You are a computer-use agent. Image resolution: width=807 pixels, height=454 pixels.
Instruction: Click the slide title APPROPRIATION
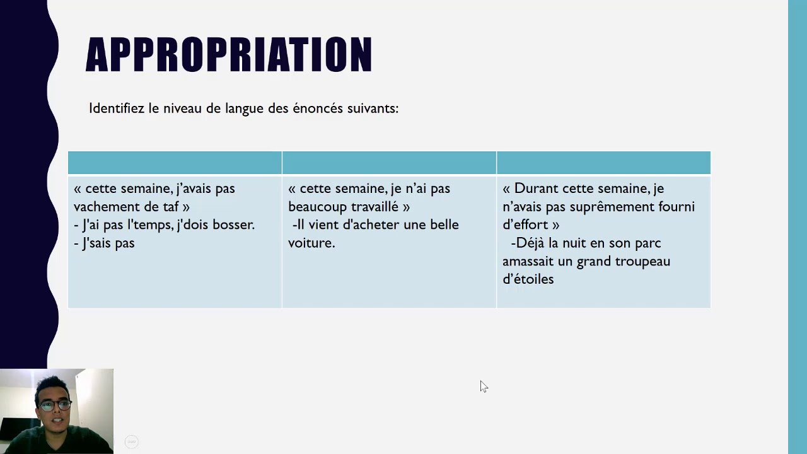(x=228, y=55)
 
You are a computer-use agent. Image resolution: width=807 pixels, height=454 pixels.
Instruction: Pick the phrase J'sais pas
(x=108, y=243)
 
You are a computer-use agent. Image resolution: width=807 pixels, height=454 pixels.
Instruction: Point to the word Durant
(x=536, y=189)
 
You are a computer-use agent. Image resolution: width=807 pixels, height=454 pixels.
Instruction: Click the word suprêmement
(x=611, y=207)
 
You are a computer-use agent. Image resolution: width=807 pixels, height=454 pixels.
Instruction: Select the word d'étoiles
(x=528, y=279)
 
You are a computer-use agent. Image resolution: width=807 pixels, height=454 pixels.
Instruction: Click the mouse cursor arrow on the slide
(x=483, y=386)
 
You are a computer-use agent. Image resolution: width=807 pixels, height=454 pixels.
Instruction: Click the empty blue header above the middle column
(x=389, y=163)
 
